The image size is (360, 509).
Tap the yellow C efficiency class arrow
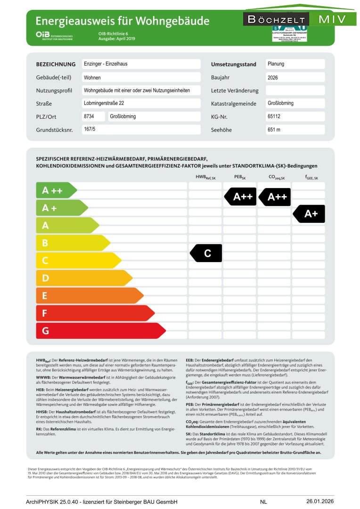point(78,261)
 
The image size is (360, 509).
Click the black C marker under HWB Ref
point(206,254)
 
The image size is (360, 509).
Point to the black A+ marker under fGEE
point(310,214)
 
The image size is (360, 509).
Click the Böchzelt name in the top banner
point(276,20)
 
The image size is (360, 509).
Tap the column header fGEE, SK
point(311,178)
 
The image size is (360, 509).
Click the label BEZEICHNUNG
point(56,65)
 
